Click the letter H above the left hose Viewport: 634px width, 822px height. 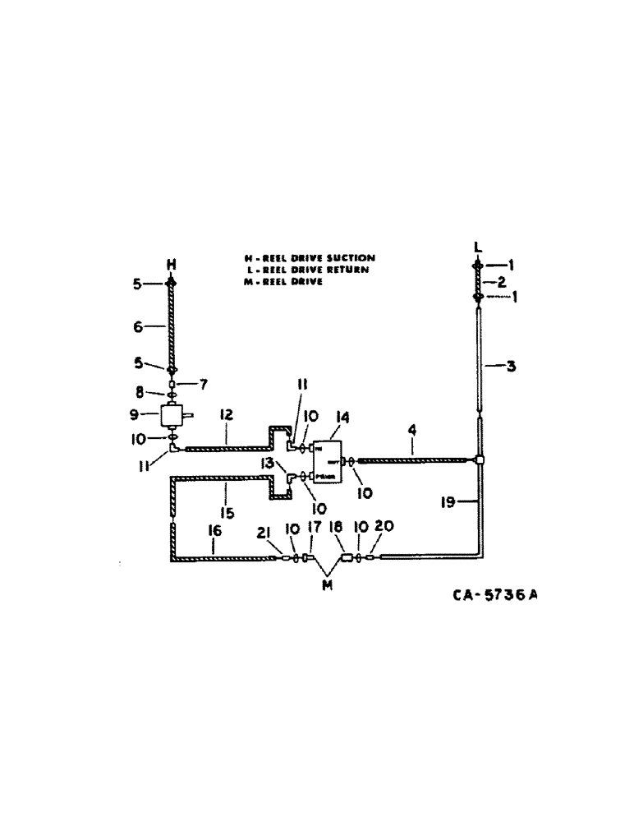click(172, 265)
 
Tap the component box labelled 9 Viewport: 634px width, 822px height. click(172, 416)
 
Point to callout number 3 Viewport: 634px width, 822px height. click(511, 367)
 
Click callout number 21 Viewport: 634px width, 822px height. click(263, 535)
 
